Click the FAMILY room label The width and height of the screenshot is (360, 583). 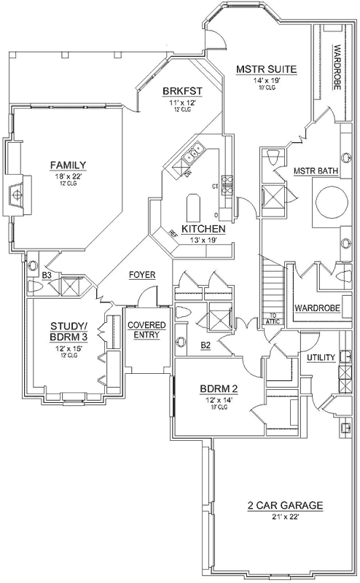[x=69, y=164]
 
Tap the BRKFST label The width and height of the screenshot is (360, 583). [x=181, y=91]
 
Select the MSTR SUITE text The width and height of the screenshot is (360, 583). [x=267, y=70]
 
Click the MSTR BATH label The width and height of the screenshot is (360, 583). [x=316, y=171]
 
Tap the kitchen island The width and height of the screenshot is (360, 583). [x=193, y=208]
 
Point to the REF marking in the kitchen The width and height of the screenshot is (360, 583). [x=173, y=233]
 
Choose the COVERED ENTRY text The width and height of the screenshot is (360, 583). [x=146, y=329]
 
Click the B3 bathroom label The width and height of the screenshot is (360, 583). [x=46, y=275]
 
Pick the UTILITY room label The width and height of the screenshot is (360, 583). [x=321, y=357]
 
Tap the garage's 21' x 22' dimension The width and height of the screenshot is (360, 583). [x=274, y=517]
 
